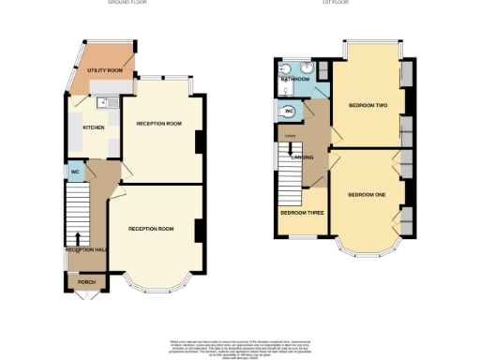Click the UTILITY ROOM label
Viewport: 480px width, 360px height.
click(x=106, y=70)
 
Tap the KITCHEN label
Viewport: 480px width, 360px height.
click(x=95, y=127)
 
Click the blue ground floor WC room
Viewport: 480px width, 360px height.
click(x=74, y=172)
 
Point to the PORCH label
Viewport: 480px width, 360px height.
click(x=86, y=281)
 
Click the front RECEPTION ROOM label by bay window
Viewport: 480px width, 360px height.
click(x=151, y=229)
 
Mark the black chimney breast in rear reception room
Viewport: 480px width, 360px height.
click(x=199, y=142)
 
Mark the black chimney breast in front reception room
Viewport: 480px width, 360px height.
click(x=199, y=231)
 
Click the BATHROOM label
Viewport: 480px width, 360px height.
click(x=295, y=80)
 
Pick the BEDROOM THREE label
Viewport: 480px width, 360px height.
click(x=302, y=213)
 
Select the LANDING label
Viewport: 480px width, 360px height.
click(x=302, y=157)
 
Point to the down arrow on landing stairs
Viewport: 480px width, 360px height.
click(x=290, y=149)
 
